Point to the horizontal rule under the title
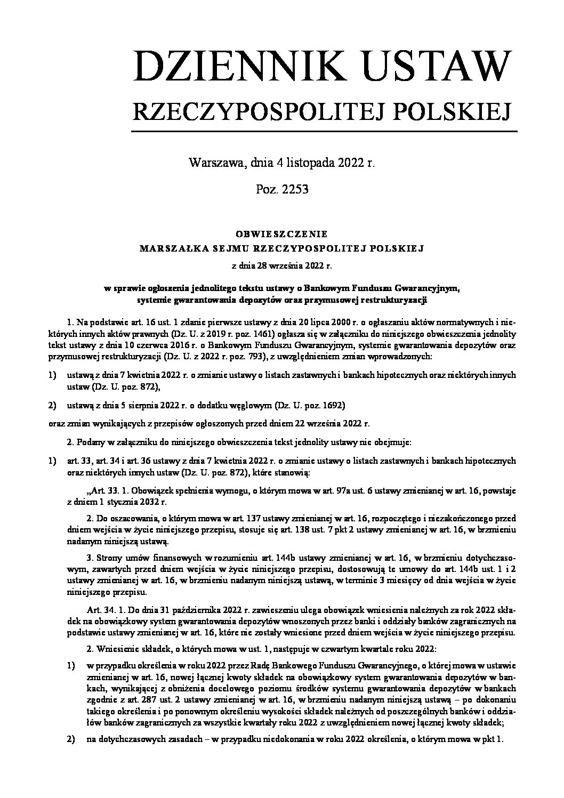tap(324, 131)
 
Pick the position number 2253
tap(295, 189)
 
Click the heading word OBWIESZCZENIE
tap(281, 234)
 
